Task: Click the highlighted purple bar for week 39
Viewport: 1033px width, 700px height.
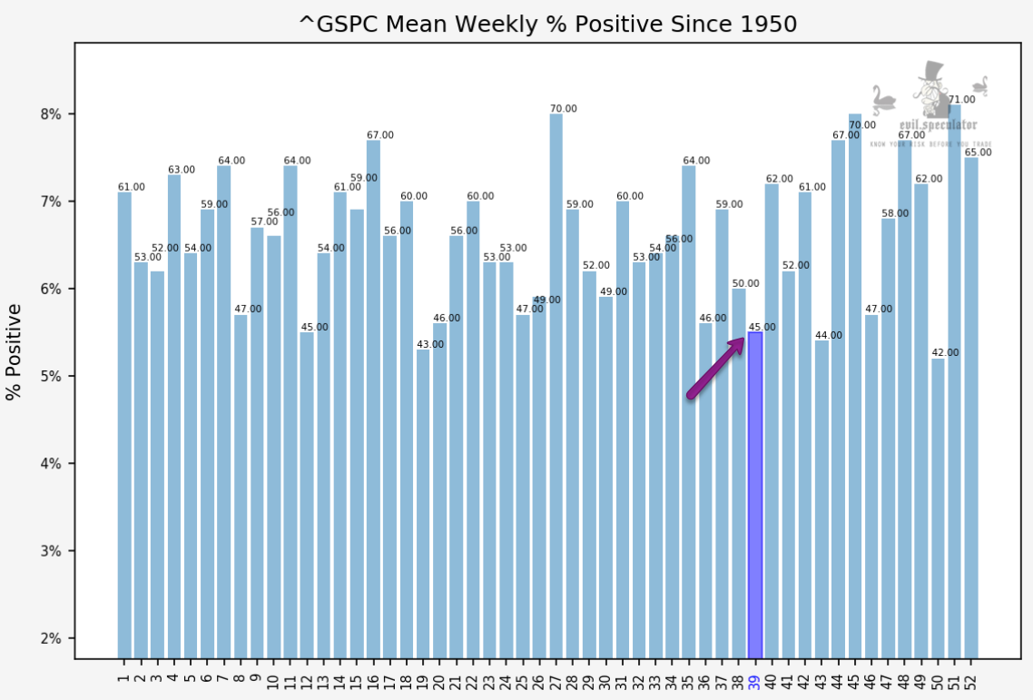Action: pos(754,495)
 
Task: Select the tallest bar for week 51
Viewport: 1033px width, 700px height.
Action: pos(954,381)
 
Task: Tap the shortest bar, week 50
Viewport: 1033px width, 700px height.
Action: pos(938,508)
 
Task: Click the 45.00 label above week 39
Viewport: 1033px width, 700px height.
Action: pos(762,327)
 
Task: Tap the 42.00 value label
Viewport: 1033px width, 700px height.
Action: pos(945,353)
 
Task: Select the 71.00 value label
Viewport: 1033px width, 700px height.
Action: pos(961,100)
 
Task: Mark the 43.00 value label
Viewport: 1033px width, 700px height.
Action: pos(430,344)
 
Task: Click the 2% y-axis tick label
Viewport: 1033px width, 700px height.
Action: pos(50,638)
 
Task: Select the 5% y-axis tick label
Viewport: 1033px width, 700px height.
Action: pos(50,377)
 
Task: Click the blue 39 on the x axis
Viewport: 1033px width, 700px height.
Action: pos(754,677)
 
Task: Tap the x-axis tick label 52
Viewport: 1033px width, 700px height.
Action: pos(970,677)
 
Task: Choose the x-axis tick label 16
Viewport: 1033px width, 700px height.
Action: pos(373,677)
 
